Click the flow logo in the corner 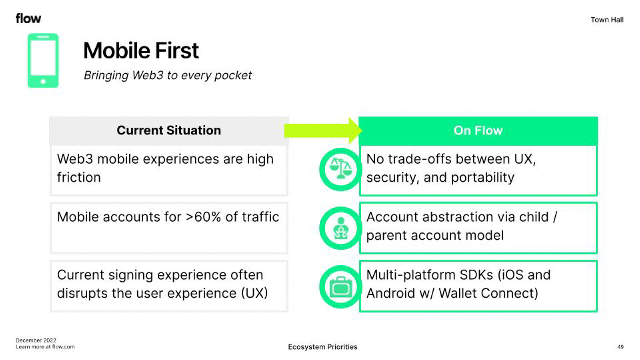tap(28, 19)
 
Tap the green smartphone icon tap(43, 61)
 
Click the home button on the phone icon tap(43, 82)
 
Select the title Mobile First tap(141, 51)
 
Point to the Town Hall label tap(607, 20)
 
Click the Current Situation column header tap(169, 130)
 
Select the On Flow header tap(478, 130)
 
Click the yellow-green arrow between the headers tap(323, 130)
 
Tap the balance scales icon tap(341, 169)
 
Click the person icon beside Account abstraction tap(341, 228)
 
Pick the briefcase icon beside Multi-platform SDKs tap(341, 287)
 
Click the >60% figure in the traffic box tap(203, 217)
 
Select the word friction tap(79, 177)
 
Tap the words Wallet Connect tap(488, 293)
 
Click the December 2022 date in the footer tap(36, 340)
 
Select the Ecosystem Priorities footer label tap(323, 347)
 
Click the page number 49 tap(620, 347)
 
